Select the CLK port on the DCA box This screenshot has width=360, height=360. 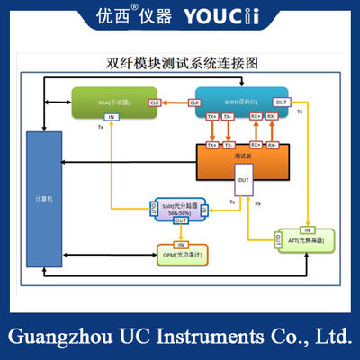(154, 103)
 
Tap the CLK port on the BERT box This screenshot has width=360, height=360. (195, 103)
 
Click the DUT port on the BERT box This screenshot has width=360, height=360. (282, 103)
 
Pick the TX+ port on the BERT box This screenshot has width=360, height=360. (213, 117)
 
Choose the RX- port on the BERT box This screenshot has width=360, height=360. (271, 117)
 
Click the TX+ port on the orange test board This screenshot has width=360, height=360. (213, 144)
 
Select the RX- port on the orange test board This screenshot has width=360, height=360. (271, 144)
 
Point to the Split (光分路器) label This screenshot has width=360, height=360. (182, 208)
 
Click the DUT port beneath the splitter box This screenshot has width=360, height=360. (181, 220)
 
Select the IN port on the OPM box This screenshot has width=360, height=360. (181, 245)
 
